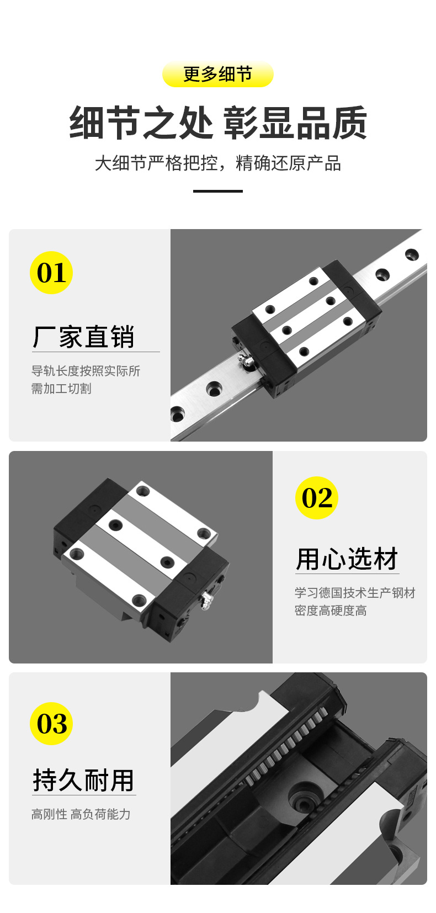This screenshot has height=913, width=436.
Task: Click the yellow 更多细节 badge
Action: coord(217,74)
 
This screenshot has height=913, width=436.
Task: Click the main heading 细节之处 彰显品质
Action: coord(218,123)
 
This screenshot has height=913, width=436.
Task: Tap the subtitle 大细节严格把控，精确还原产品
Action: coord(218,163)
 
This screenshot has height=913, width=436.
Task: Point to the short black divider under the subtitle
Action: coord(218,191)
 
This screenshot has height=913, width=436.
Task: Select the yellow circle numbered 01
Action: coord(51,273)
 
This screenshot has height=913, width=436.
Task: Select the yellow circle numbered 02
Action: coord(317,498)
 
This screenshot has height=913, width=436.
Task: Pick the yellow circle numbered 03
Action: coord(51,724)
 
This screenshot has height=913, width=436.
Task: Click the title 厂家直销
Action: coord(83,337)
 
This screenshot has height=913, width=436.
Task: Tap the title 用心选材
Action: coord(347,559)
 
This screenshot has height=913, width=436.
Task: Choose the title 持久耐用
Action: coord(83,780)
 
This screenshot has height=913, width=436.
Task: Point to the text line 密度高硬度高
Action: coord(331,610)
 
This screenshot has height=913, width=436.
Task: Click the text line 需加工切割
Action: coord(61,389)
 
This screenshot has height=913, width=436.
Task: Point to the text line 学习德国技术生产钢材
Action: coord(355,593)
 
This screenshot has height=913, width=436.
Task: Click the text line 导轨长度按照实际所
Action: coord(86,371)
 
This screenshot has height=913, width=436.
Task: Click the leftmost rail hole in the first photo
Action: coord(177,414)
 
